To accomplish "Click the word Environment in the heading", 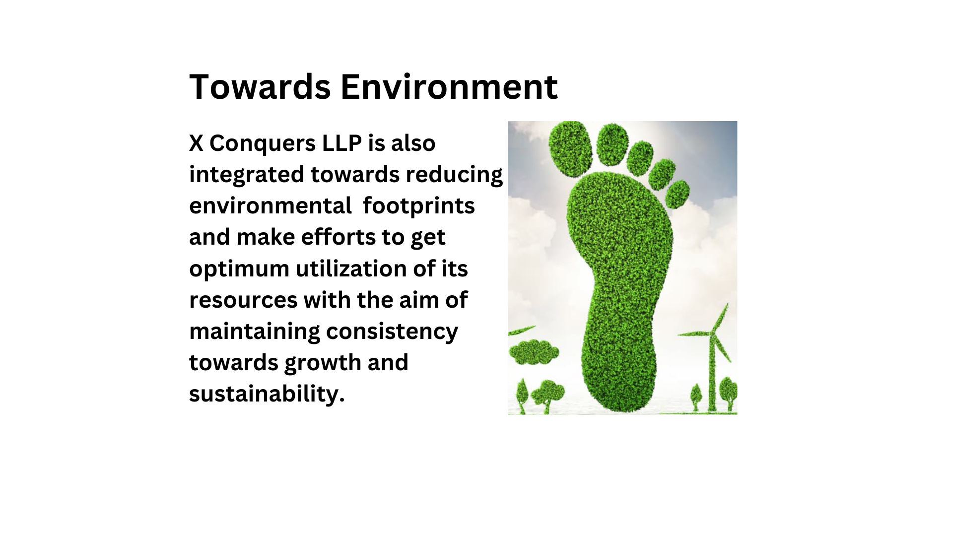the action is click(449, 87).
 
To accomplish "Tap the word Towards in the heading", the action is click(260, 87).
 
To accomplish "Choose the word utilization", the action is click(351, 269).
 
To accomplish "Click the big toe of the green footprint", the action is click(571, 143).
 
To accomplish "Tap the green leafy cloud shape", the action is click(534, 352).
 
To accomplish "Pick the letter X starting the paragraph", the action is click(196, 144).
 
